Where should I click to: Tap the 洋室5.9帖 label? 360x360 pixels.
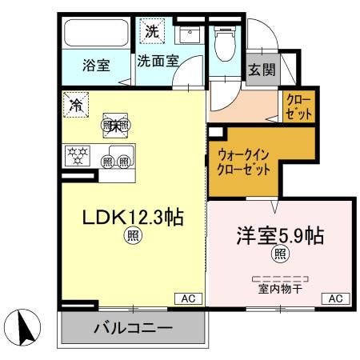(279, 237)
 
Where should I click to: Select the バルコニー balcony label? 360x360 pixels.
(133, 329)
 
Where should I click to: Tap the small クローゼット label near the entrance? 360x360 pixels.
(299, 107)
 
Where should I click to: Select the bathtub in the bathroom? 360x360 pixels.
(96, 34)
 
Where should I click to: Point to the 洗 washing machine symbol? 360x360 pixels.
(152, 33)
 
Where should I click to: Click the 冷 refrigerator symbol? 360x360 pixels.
(76, 104)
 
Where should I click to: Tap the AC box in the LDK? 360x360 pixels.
(189, 298)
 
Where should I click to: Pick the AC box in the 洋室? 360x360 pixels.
(336, 298)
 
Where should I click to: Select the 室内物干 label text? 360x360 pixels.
(279, 290)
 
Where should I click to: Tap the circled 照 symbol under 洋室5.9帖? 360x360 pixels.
(280, 254)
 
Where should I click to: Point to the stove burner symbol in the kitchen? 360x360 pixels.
(78, 154)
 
